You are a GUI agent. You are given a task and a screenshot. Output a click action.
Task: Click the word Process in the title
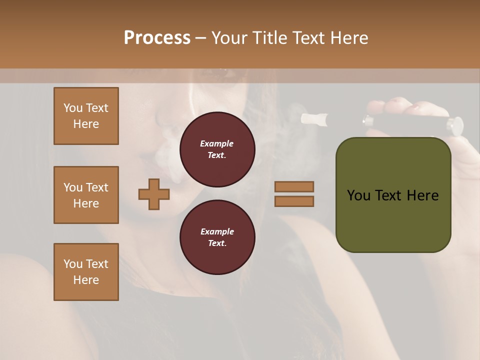pos(157,38)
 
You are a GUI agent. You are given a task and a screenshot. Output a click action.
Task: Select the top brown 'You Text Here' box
pos(86,116)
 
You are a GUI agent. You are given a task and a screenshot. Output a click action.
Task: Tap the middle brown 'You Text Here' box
pos(86,195)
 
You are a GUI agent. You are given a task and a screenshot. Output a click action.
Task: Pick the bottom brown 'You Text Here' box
pos(86,272)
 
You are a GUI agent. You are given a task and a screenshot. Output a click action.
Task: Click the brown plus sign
pos(154,194)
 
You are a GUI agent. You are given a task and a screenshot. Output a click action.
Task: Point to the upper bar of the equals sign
pos(294,186)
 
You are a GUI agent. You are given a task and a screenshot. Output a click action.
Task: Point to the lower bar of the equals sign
pos(294,201)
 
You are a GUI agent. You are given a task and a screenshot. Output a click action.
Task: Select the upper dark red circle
pos(217,149)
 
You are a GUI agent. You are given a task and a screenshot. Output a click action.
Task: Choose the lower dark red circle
pos(217,237)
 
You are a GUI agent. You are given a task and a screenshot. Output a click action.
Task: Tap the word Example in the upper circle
pos(216,143)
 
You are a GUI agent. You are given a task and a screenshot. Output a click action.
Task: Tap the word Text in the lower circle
pos(216,243)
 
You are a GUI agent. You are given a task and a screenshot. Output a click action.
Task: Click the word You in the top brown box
pos(73,108)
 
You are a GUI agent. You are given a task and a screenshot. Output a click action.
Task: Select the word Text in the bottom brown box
pos(97,264)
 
